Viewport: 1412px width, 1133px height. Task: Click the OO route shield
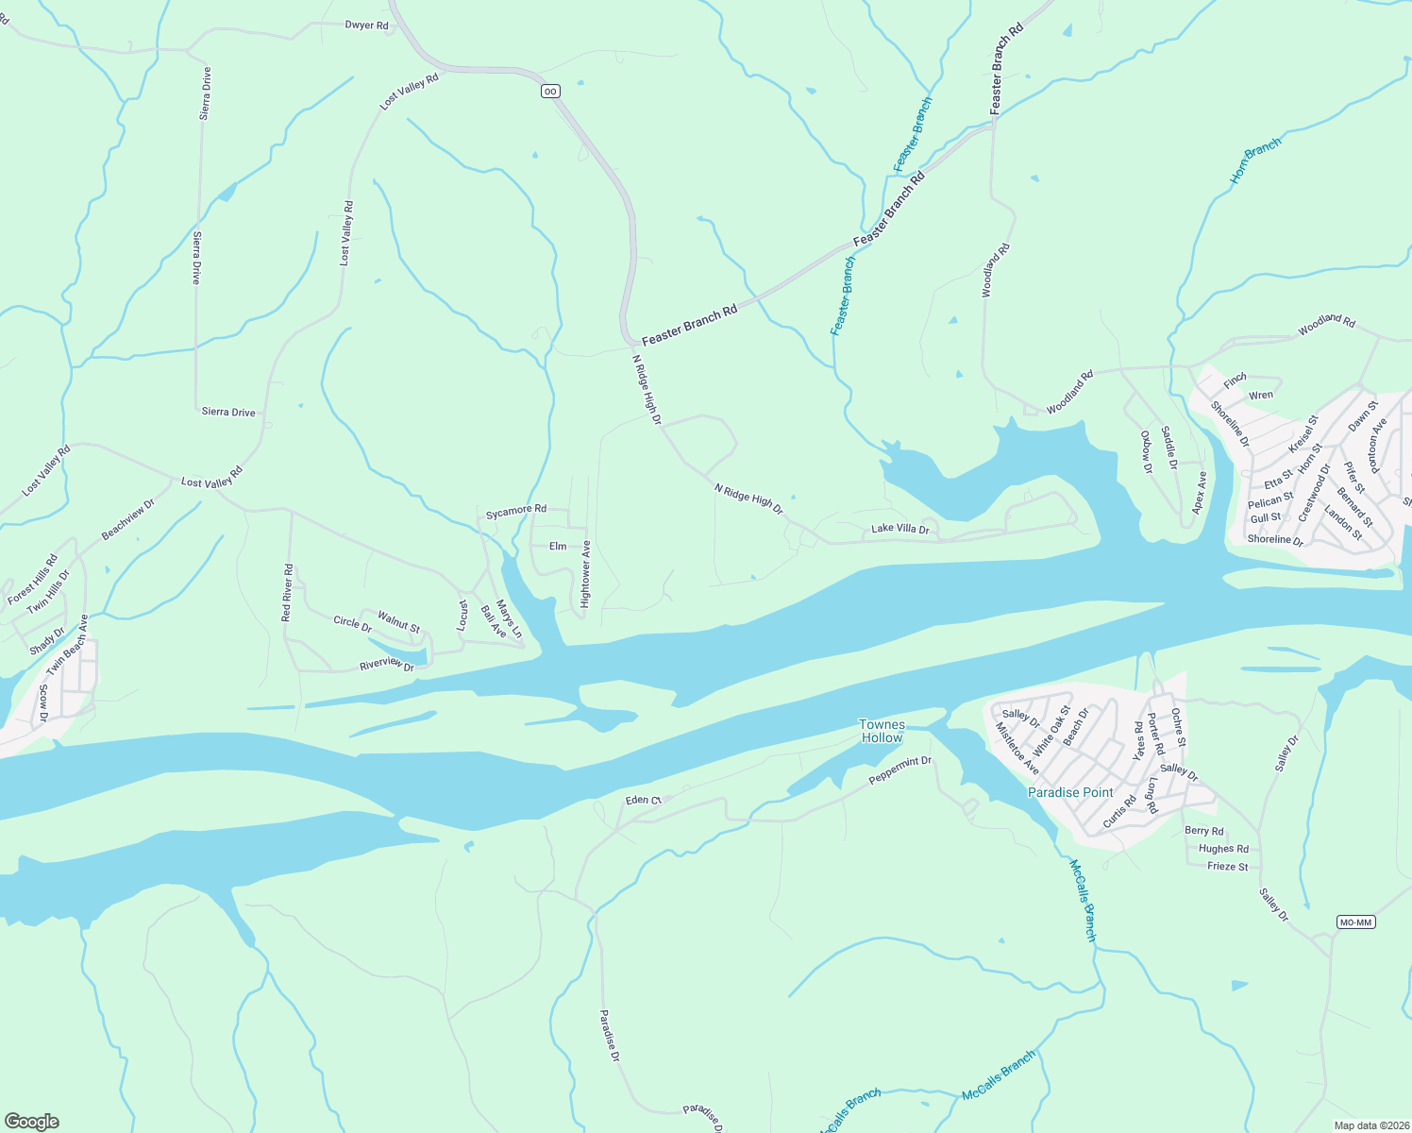(x=550, y=92)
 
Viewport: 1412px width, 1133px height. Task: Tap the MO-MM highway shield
(x=1355, y=922)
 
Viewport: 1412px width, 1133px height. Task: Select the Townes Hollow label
(x=882, y=731)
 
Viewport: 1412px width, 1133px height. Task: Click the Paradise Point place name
(x=1070, y=792)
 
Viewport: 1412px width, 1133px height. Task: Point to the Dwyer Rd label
(x=367, y=25)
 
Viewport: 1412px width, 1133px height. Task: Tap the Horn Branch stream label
(x=1255, y=161)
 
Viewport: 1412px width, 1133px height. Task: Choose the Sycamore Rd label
(x=515, y=511)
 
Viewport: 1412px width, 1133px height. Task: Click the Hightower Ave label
(x=585, y=574)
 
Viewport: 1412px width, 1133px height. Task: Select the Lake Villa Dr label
(x=899, y=529)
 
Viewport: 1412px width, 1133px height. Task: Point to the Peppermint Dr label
(x=899, y=769)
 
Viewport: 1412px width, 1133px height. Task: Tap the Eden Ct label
(x=643, y=800)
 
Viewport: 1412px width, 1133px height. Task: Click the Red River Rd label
(x=288, y=593)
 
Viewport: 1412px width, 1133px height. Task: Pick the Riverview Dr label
(x=387, y=666)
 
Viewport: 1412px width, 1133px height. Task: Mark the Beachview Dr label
(x=127, y=520)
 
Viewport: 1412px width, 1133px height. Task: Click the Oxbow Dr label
(x=1146, y=452)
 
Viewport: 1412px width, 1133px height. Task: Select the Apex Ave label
(x=1200, y=492)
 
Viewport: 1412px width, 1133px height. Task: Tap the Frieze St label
(x=1228, y=867)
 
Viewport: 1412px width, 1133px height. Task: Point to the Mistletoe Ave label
(x=1017, y=749)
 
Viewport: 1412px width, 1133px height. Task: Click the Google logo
(x=31, y=1122)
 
